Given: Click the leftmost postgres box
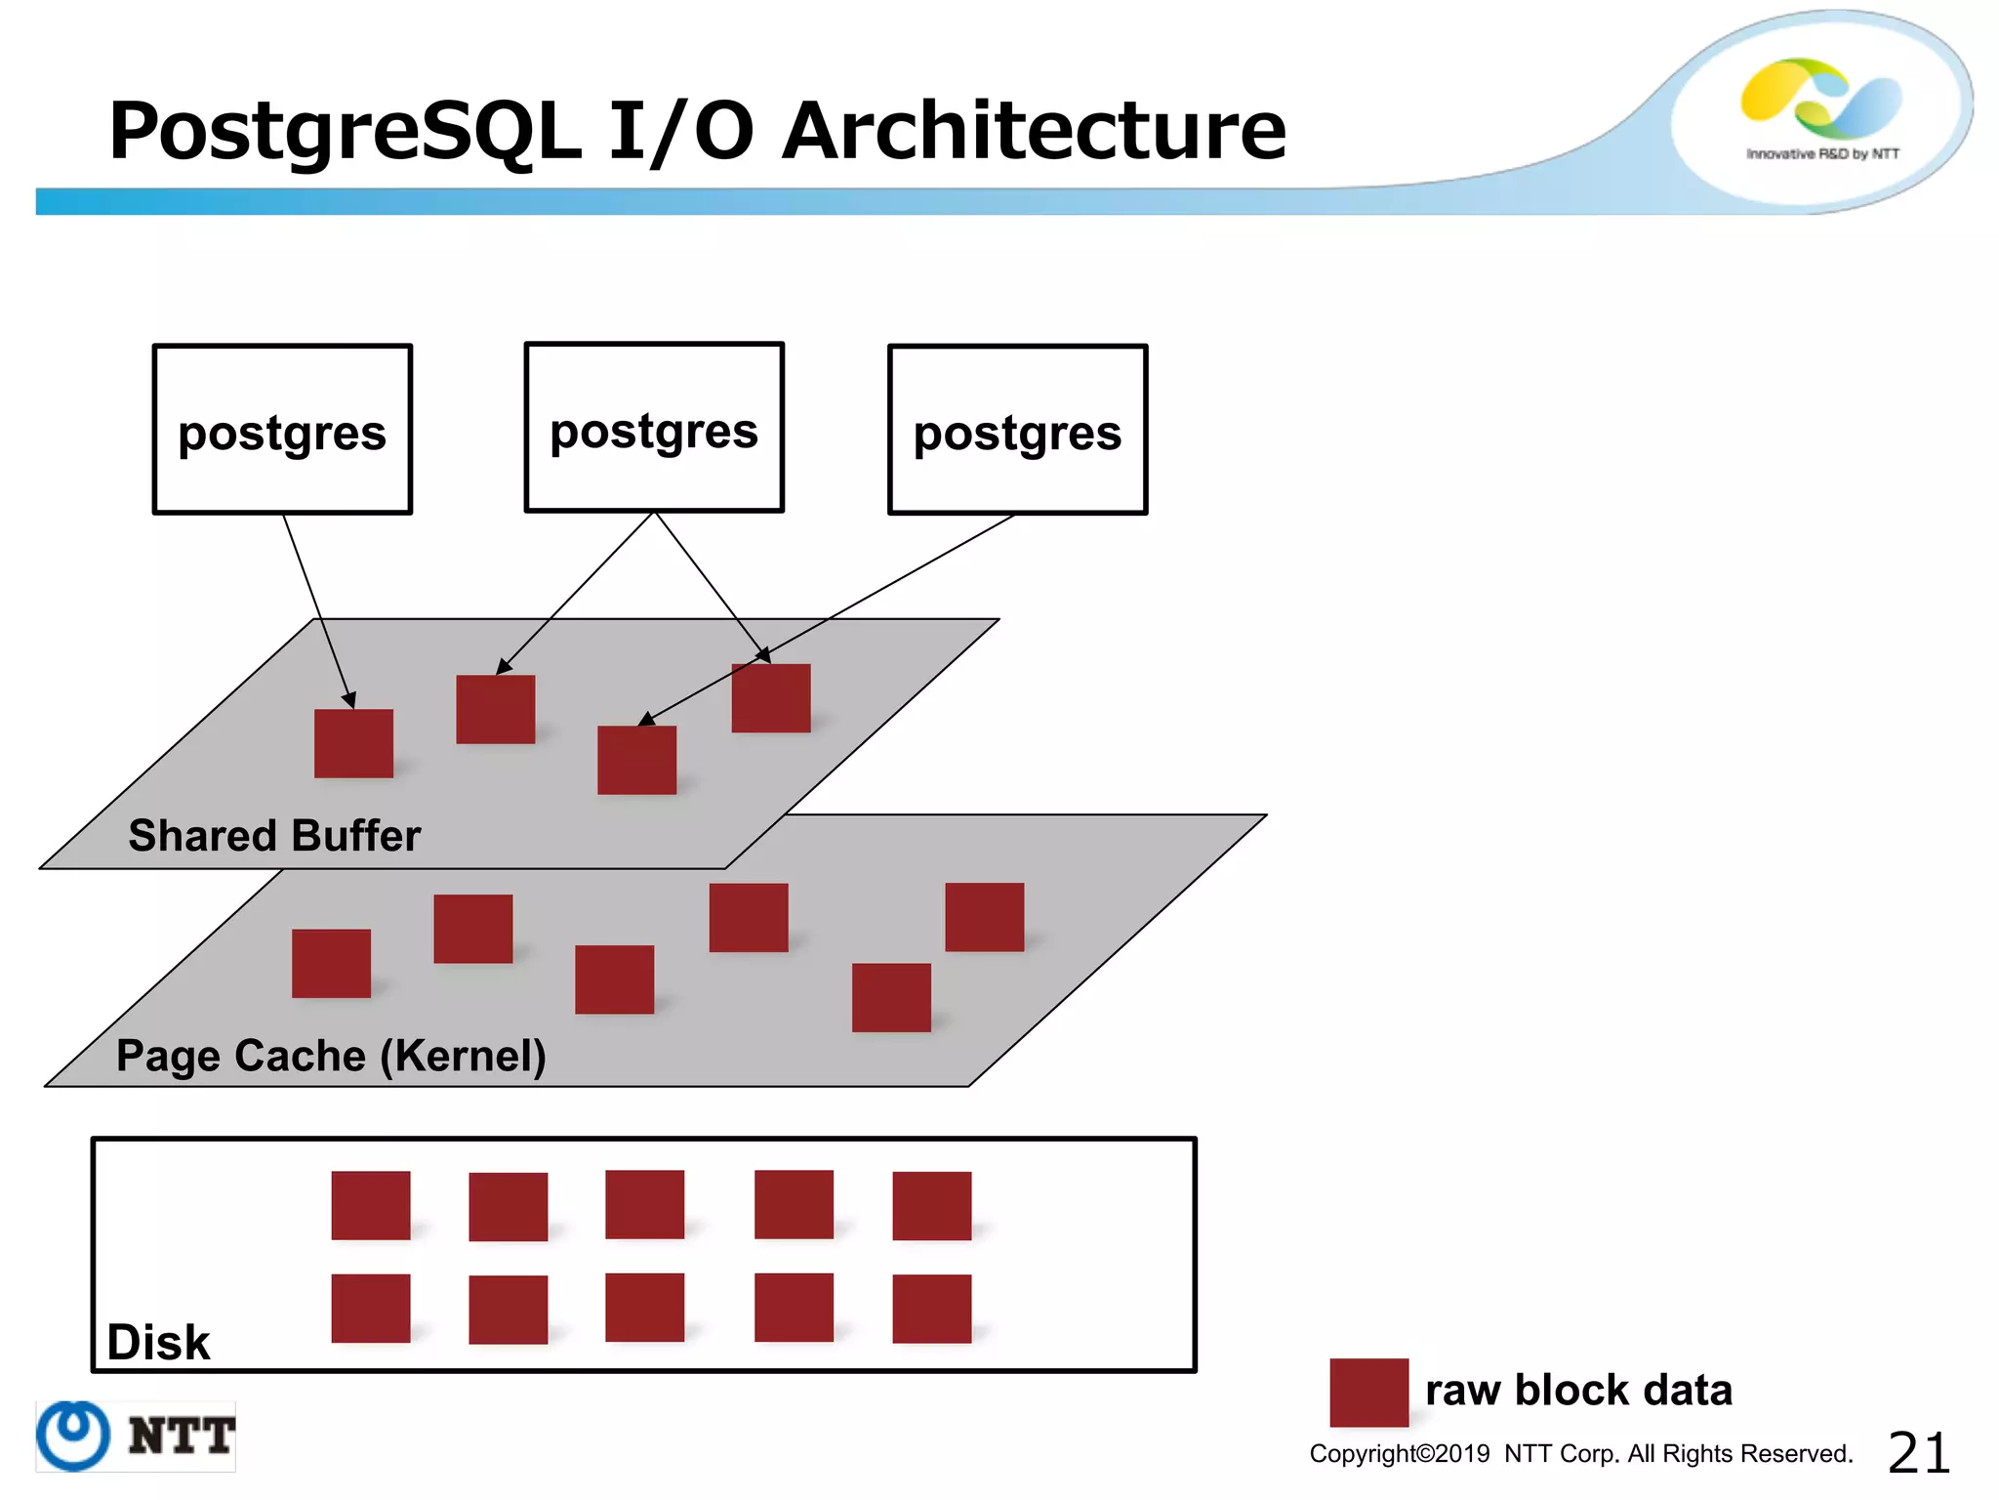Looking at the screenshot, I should pyautogui.click(x=282, y=430).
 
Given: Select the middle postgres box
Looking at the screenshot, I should pyautogui.click(x=654, y=427).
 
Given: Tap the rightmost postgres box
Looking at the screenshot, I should pyautogui.click(x=1017, y=430).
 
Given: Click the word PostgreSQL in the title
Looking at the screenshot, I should pyautogui.click(x=346, y=132).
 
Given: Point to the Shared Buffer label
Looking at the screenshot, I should pyautogui.click(x=274, y=836).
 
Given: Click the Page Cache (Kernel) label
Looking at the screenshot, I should pyautogui.click(x=331, y=1056).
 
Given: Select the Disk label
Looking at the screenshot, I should pyautogui.click(x=158, y=1342).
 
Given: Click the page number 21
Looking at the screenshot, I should pyautogui.click(x=1918, y=1453).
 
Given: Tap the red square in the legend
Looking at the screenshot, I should pyautogui.click(x=1368, y=1392).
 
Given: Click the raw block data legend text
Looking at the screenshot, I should pyautogui.click(x=1578, y=1390).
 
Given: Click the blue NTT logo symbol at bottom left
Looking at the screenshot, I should pyautogui.click(x=73, y=1436).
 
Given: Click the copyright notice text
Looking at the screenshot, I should pyautogui.click(x=1580, y=1454).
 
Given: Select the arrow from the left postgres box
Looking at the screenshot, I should pyautogui.click(x=318, y=610).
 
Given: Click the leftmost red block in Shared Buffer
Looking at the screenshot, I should pyautogui.click(x=353, y=743).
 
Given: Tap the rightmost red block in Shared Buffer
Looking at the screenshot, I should pyautogui.click(x=771, y=698).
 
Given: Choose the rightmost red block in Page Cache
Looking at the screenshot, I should pyautogui.click(x=984, y=917).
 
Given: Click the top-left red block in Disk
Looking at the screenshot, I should pyautogui.click(x=370, y=1205).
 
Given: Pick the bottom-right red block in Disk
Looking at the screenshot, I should pyautogui.click(x=931, y=1309).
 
